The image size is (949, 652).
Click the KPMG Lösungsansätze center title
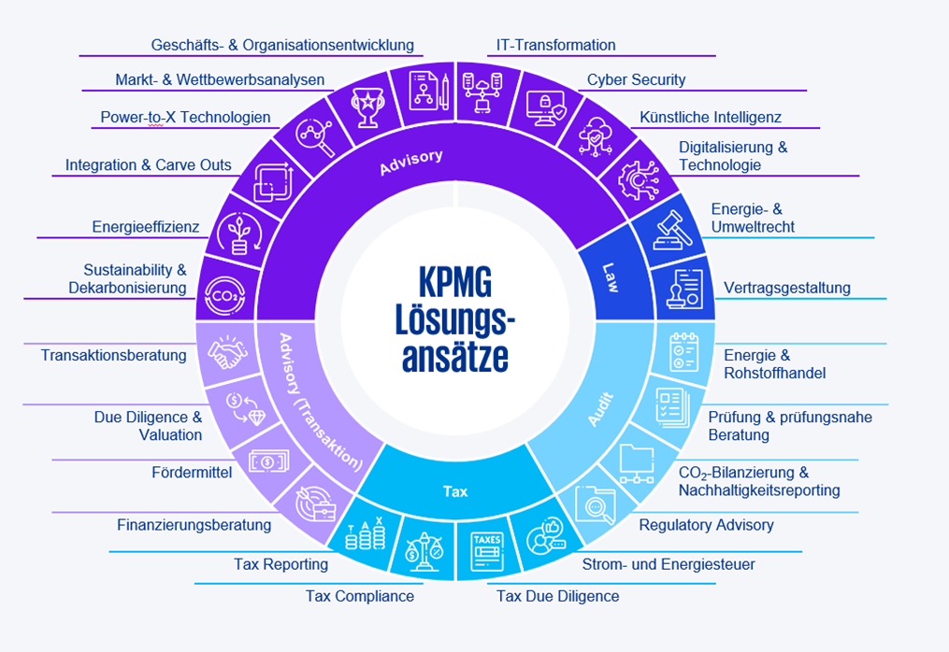[458, 320]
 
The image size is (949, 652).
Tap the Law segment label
[610, 276]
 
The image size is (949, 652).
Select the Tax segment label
[455, 490]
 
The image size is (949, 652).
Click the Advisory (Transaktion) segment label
[321, 401]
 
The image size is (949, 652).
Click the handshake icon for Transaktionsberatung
[223, 354]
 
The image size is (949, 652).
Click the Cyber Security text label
[636, 79]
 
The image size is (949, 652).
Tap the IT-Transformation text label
[555, 45]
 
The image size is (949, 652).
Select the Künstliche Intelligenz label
[711, 118]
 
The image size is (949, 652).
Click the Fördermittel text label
[191, 473]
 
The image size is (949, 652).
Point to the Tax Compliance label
[359, 596]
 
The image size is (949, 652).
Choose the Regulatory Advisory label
[706, 525]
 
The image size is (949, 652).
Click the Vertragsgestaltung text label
[787, 288]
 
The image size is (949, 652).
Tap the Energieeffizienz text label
[146, 226]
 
